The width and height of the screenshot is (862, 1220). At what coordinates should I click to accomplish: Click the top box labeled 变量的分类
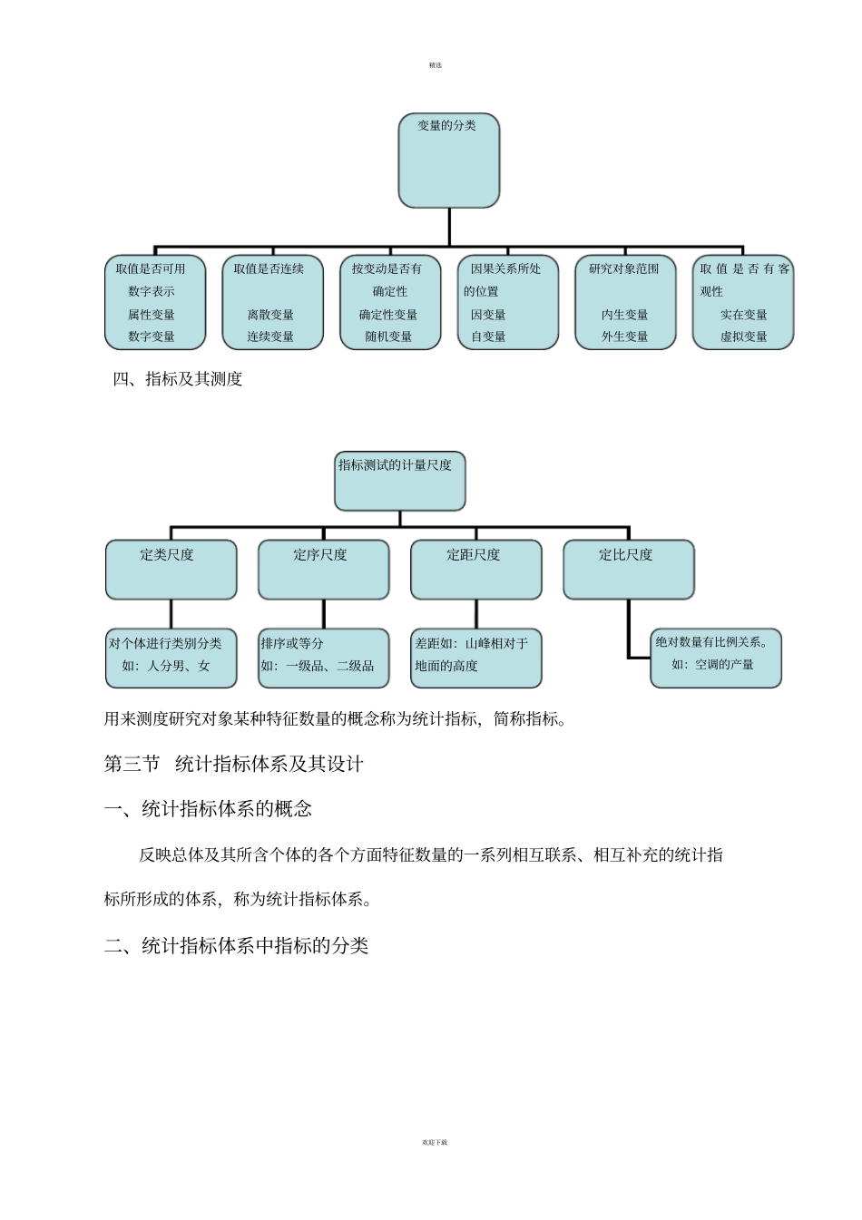point(449,161)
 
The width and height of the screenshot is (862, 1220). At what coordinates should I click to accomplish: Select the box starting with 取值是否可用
point(155,302)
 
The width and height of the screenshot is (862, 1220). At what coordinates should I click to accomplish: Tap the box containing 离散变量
point(272,302)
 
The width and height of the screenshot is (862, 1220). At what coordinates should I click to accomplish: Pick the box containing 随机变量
point(390,302)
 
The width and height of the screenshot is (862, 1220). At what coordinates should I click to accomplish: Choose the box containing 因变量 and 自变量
point(507,302)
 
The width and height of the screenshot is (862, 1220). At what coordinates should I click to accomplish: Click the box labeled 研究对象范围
point(625,302)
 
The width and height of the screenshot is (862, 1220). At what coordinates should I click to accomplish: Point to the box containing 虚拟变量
point(743,302)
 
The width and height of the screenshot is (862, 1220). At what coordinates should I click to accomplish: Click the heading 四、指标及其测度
point(178,380)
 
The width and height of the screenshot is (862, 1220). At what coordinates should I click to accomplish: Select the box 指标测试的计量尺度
point(399,481)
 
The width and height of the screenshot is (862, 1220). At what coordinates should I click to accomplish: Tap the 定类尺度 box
point(171,570)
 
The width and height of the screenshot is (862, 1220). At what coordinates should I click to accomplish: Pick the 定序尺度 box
point(323,570)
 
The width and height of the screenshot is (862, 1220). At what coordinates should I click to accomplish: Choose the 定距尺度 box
point(475,570)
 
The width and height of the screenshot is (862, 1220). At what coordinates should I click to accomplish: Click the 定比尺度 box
point(628,570)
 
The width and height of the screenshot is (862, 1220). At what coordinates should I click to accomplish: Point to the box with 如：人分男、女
point(171,658)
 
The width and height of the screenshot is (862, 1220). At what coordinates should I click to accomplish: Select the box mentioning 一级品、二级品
point(323,658)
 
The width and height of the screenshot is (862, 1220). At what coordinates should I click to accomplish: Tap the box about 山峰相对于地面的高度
point(475,658)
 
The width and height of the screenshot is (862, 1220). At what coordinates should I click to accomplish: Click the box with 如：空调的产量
point(715,658)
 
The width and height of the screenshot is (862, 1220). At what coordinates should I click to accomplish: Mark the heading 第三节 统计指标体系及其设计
point(234,765)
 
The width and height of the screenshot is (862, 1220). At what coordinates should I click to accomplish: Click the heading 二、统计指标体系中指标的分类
point(237,946)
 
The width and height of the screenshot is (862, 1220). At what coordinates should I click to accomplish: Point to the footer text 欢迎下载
point(435,1142)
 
